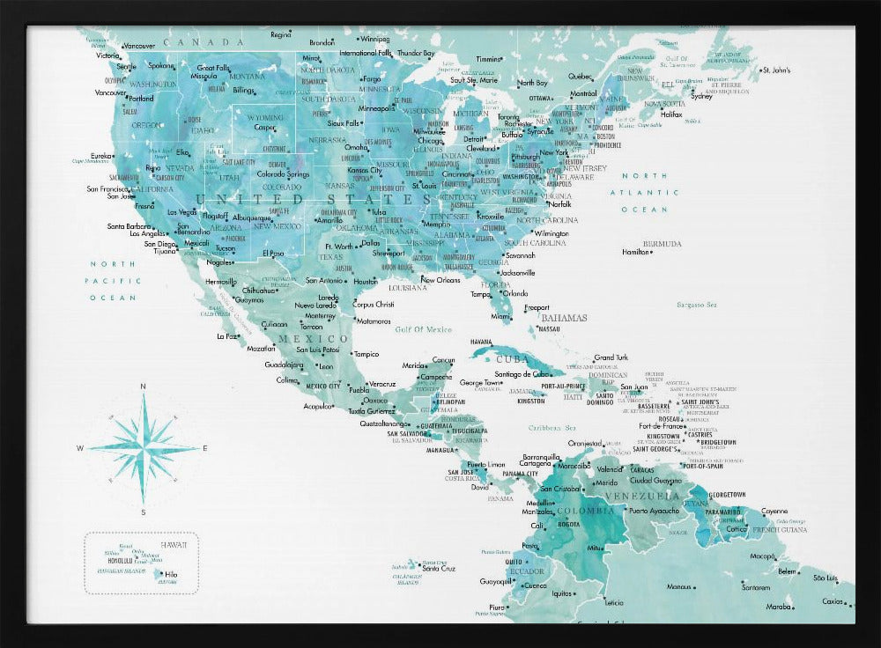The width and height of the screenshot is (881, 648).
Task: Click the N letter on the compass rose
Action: [x=144, y=386]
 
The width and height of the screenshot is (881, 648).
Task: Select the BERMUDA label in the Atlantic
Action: [x=662, y=244]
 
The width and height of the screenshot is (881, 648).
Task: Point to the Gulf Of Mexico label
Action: [x=424, y=329]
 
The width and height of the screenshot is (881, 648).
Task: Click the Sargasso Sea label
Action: [x=697, y=305]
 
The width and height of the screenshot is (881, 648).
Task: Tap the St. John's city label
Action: [x=776, y=70]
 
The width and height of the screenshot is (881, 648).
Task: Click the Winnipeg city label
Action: [x=374, y=39]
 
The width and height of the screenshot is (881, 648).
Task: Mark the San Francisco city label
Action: [x=107, y=188]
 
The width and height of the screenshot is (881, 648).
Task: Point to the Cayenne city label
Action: [x=774, y=511]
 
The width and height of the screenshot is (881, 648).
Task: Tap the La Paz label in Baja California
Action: [x=227, y=335]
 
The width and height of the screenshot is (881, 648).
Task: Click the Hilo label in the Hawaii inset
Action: [x=171, y=574]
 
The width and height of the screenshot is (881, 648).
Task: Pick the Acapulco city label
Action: [x=317, y=407]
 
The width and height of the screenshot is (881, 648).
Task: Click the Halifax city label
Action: [x=671, y=114]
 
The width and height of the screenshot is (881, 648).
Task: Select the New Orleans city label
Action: [x=440, y=280]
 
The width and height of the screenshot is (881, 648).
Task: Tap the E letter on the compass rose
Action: [x=205, y=448]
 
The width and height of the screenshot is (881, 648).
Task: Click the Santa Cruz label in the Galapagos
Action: [x=437, y=568]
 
